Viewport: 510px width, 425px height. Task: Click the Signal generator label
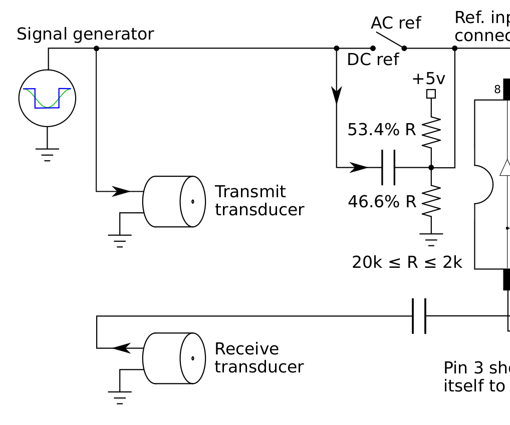pyautogui.click(x=85, y=35)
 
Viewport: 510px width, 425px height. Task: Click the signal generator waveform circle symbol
pyautogui.click(x=47, y=98)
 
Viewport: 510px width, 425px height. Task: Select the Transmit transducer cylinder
pyautogui.click(x=174, y=201)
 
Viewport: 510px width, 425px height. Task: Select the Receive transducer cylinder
pyautogui.click(x=174, y=358)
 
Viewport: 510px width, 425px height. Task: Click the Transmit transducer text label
pyautogui.click(x=259, y=201)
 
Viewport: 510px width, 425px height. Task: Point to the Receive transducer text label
pyautogui.click(x=259, y=357)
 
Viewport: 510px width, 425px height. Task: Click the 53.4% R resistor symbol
pyautogui.click(x=431, y=132)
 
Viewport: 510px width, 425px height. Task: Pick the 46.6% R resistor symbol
pyautogui.click(x=431, y=201)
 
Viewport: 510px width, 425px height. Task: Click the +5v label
pyautogui.click(x=428, y=79)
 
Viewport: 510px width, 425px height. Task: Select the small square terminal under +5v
pyautogui.click(x=431, y=94)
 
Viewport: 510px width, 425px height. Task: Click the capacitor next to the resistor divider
pyautogui.click(x=388, y=167)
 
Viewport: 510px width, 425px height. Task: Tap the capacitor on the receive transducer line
pyautogui.click(x=419, y=316)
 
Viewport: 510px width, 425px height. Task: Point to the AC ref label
pyautogui.click(x=396, y=23)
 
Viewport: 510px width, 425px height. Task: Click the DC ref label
pyautogui.click(x=373, y=60)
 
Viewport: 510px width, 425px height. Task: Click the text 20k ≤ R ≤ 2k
pyautogui.click(x=407, y=262)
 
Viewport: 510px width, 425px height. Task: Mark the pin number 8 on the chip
pyautogui.click(x=497, y=90)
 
